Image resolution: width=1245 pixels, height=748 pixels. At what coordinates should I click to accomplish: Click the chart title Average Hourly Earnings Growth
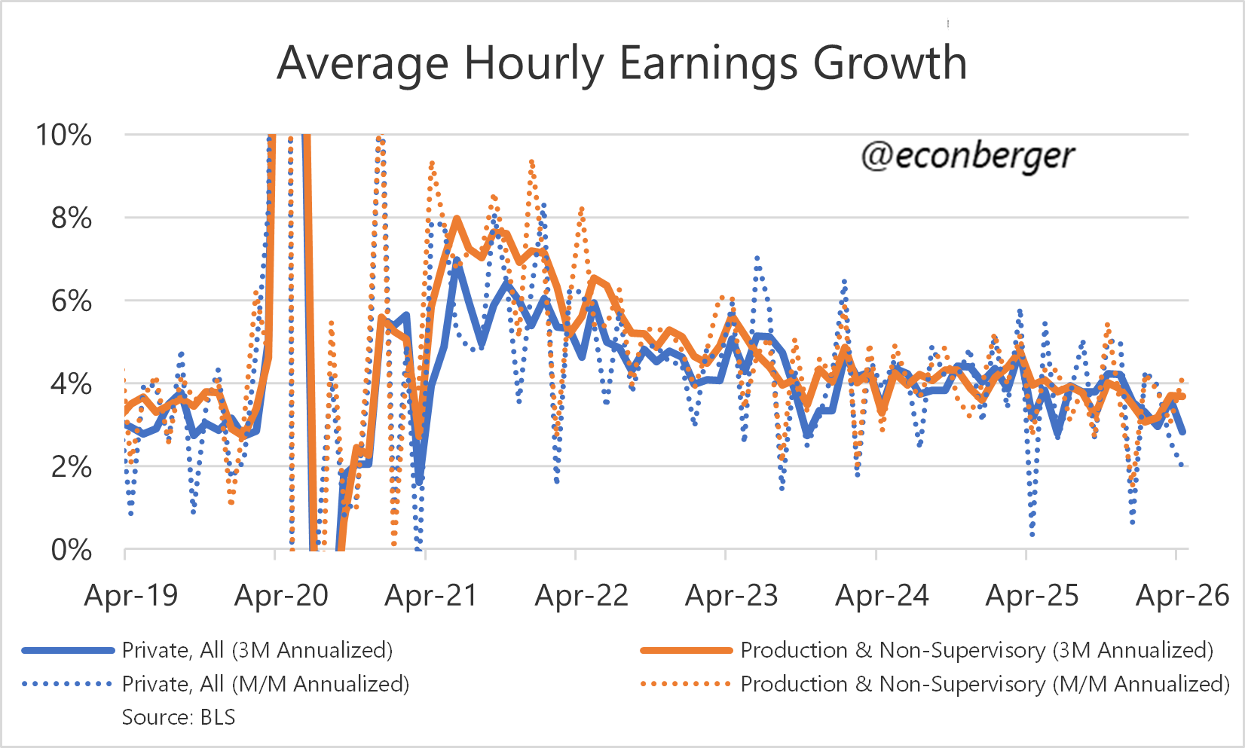622,63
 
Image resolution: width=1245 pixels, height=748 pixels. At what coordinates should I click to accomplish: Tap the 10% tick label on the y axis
63,135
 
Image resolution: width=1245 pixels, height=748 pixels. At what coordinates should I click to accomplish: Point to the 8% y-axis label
71,218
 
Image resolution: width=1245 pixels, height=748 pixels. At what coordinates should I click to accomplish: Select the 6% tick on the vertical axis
71,301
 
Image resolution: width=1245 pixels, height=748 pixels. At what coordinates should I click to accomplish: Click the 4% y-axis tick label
71,384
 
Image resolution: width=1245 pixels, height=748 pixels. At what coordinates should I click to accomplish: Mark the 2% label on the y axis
71,467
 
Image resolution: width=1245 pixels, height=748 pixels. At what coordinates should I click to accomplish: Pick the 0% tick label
71,550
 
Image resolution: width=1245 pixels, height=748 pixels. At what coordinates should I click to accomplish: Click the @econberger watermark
968,157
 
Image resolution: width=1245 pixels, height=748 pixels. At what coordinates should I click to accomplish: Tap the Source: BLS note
179,717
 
